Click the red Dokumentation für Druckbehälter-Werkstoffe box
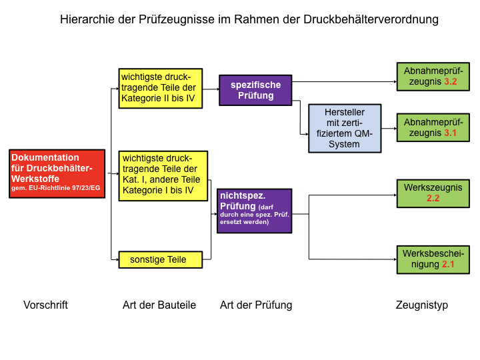[x=57, y=174]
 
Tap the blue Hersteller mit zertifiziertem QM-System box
[x=344, y=128]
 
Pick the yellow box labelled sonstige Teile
[x=160, y=259]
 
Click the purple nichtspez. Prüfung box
[x=254, y=211]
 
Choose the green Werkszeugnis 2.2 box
[x=433, y=193]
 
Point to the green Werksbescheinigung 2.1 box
[x=433, y=259]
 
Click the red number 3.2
[x=450, y=82]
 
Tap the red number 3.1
[x=450, y=133]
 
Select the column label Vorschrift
[x=45, y=305]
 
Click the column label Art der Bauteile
[x=159, y=305]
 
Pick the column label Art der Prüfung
[x=256, y=305]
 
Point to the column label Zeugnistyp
[x=422, y=305]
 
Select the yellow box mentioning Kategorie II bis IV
[x=160, y=88]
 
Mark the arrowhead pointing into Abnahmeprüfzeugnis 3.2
[x=393, y=82]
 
